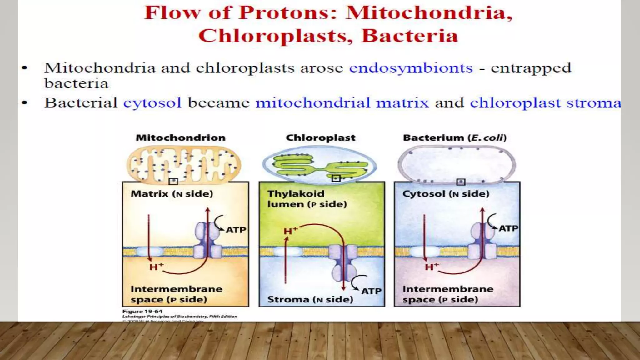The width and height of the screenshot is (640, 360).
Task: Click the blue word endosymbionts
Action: (x=411, y=68)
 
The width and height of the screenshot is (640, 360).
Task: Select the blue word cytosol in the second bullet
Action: (x=152, y=103)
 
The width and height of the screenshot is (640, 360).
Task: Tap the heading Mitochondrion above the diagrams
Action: (x=181, y=137)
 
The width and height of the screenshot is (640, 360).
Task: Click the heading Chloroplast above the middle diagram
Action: (x=321, y=137)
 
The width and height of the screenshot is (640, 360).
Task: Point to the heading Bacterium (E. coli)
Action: (x=455, y=137)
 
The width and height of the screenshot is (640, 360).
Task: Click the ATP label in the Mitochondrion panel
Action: (x=236, y=230)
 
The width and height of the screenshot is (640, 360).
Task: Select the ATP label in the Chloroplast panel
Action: (x=371, y=291)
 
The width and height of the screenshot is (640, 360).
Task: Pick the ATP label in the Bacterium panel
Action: (x=508, y=228)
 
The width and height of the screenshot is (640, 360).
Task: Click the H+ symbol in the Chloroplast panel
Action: (x=290, y=231)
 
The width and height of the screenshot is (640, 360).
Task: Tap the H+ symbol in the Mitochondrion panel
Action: (x=156, y=267)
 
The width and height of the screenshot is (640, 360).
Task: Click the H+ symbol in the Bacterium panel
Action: (x=432, y=267)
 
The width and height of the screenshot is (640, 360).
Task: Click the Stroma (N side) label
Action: (x=310, y=299)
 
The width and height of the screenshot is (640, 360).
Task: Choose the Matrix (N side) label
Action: (x=172, y=194)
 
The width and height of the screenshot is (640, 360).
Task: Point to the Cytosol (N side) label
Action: (x=446, y=194)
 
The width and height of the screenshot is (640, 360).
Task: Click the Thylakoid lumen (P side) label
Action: (x=306, y=199)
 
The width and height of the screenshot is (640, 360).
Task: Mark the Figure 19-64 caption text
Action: (x=142, y=311)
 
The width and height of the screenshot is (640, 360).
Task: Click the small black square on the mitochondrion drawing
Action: (x=173, y=181)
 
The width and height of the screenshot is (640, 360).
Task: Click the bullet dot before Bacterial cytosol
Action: (x=24, y=103)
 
